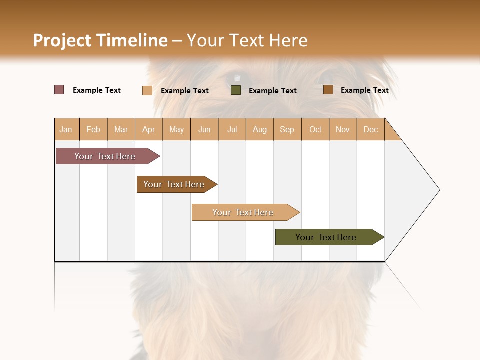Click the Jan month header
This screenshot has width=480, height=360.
[x=66, y=129]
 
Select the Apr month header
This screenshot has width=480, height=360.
[x=148, y=129]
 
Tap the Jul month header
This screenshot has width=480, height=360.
[x=232, y=129]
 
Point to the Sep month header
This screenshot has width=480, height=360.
[x=287, y=129]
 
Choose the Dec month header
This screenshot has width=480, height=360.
[x=370, y=129]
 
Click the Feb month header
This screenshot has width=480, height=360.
[x=93, y=129]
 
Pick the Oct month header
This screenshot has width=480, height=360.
[x=315, y=129]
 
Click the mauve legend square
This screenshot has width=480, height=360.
[x=59, y=90]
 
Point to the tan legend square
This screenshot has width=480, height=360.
[x=147, y=90]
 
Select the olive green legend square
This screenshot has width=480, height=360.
[x=236, y=90]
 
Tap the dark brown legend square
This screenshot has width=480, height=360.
[x=328, y=90]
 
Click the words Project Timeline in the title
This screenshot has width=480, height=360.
[x=100, y=40]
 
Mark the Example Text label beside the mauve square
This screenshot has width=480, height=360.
[x=97, y=90]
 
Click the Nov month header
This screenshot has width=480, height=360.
[x=343, y=129]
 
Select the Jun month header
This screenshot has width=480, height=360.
[x=204, y=129]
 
